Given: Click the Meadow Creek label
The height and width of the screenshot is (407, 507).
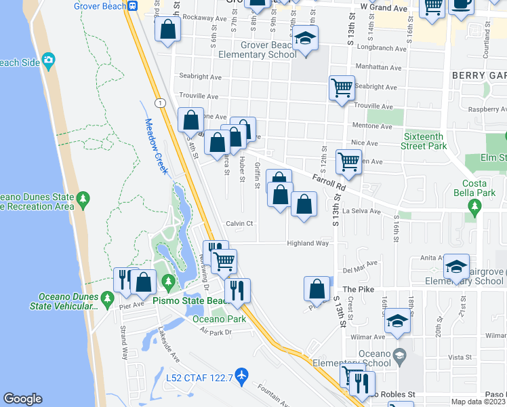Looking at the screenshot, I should click(155, 147).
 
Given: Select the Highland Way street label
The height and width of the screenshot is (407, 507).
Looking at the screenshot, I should click(308, 243).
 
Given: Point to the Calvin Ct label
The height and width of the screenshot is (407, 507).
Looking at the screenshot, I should click(239, 223).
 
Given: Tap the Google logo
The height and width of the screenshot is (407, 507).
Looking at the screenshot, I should click(22, 399).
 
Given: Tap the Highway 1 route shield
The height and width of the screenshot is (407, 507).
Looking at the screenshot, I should click(158, 102).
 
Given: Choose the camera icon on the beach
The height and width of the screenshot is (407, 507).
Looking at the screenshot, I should click(48, 62).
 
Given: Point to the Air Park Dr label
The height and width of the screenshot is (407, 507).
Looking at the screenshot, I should click(216, 331).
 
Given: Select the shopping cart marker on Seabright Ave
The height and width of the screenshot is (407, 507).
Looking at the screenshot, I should click(342, 88).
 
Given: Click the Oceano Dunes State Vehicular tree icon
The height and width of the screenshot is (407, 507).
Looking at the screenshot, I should click(106, 298).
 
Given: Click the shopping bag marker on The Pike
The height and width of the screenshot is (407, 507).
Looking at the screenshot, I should click(317, 288).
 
